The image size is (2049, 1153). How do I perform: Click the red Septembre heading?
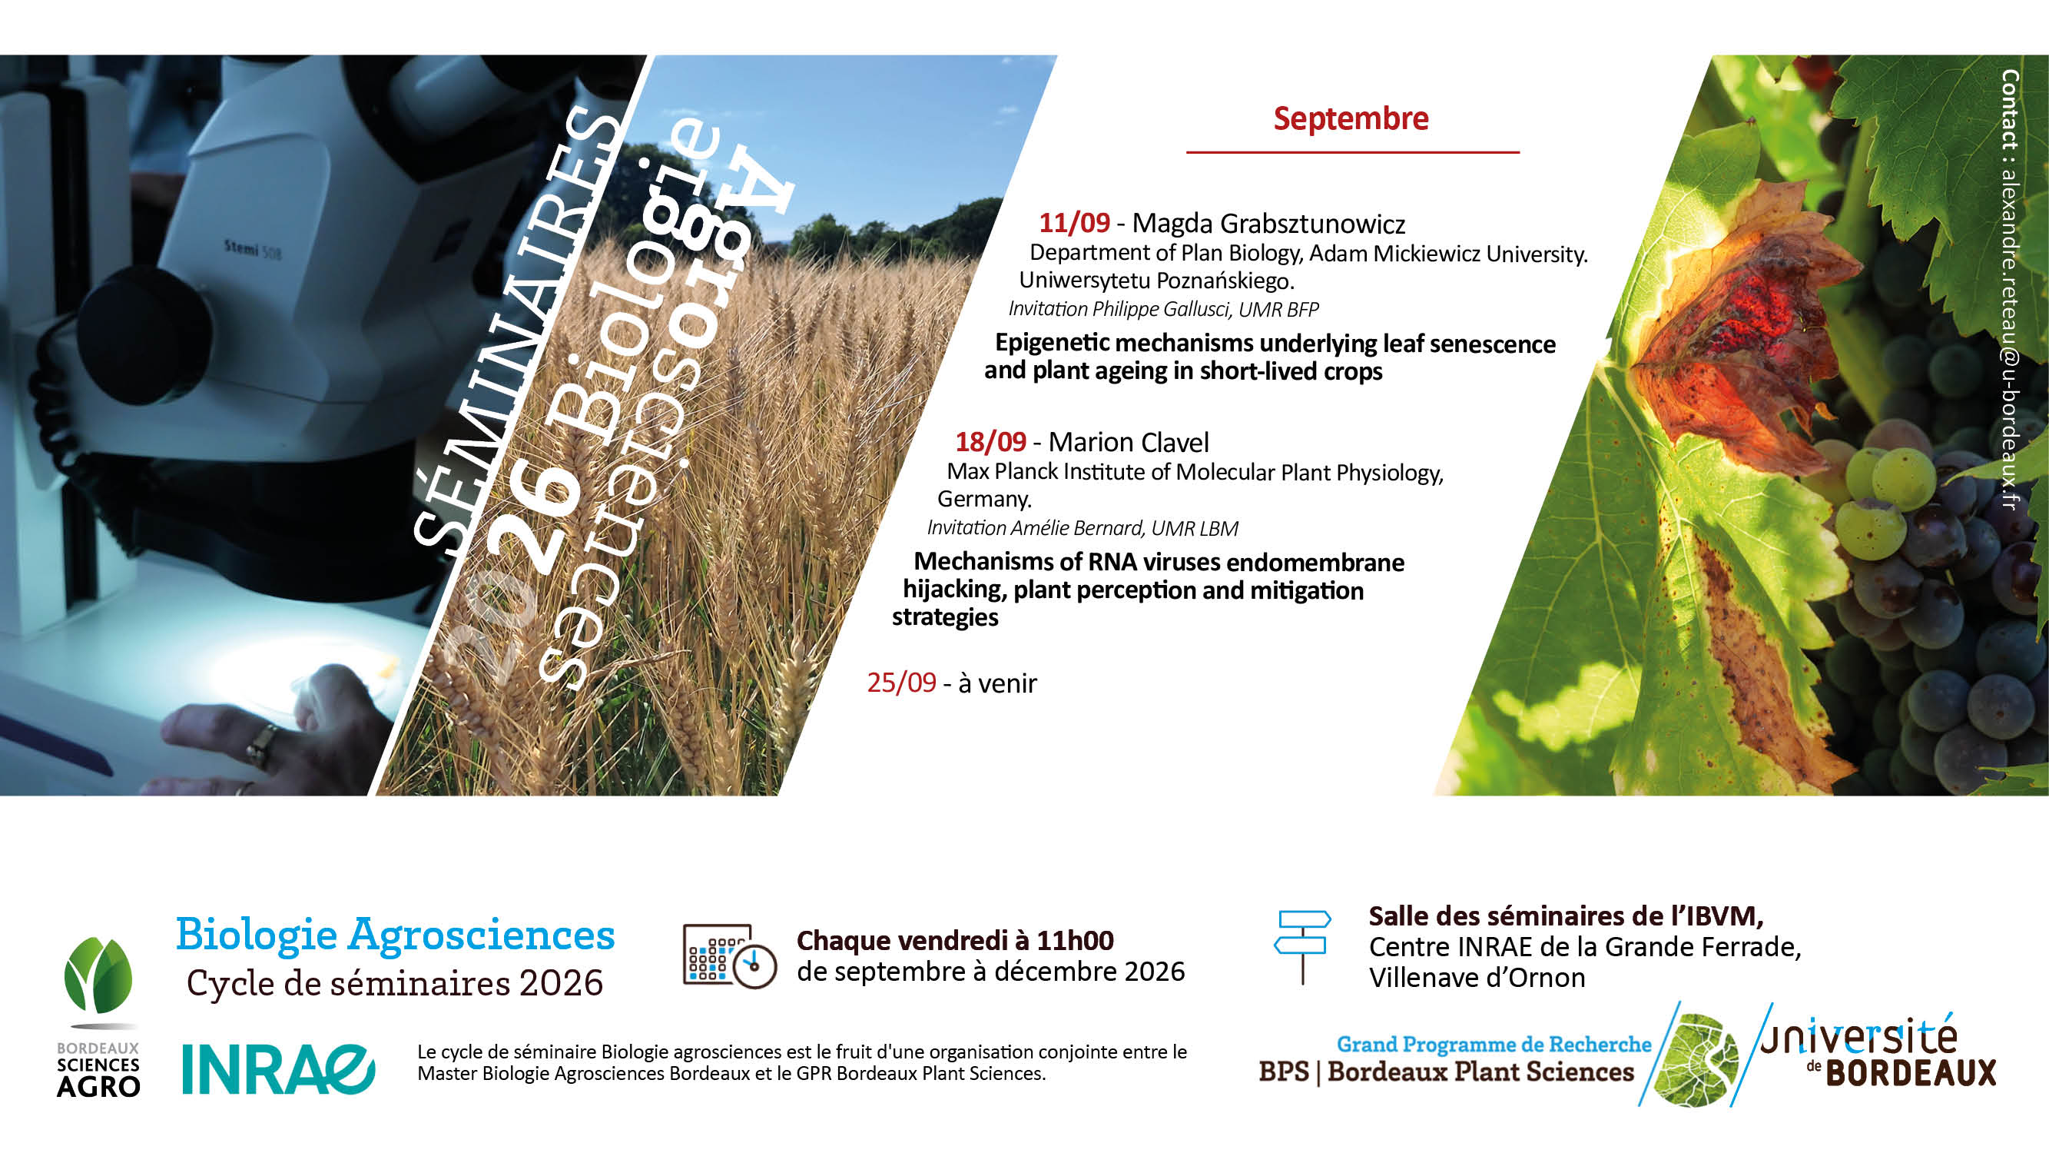pyautogui.click(x=1351, y=119)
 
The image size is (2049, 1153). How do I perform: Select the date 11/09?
pyautogui.click(x=1074, y=223)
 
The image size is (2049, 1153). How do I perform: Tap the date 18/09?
pyautogui.click(x=990, y=442)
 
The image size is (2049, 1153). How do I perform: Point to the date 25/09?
pyautogui.click(x=901, y=683)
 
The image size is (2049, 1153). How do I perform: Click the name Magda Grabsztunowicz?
pyautogui.click(x=1268, y=224)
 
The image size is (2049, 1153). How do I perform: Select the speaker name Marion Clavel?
pyautogui.click(x=1128, y=442)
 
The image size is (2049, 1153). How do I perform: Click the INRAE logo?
pyautogui.click(x=278, y=1069)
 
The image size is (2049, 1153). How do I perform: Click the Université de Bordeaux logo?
pyautogui.click(x=1878, y=1050)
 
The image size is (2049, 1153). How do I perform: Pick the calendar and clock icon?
pyautogui.click(x=729, y=956)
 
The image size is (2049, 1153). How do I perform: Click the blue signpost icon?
pyautogui.click(x=1302, y=947)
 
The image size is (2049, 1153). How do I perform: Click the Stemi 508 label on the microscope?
pyautogui.click(x=252, y=249)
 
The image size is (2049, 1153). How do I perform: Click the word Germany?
pyautogui.click(x=984, y=500)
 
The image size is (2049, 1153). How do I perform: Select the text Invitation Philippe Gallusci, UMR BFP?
pyautogui.click(x=1163, y=309)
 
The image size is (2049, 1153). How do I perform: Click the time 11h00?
pyautogui.click(x=1075, y=941)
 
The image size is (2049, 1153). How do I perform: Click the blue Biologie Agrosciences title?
pyautogui.click(x=396, y=935)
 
